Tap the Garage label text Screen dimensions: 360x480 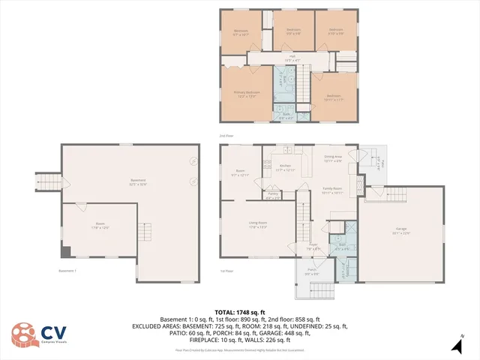(x=403, y=231)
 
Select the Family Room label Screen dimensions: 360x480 (x=333, y=190)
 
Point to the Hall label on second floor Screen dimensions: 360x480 (x=292, y=57)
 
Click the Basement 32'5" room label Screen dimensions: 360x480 (x=138, y=181)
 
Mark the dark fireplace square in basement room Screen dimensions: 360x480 (x=65, y=253)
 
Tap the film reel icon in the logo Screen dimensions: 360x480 (x=22, y=334)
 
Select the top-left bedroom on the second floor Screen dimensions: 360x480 (x=241, y=34)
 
